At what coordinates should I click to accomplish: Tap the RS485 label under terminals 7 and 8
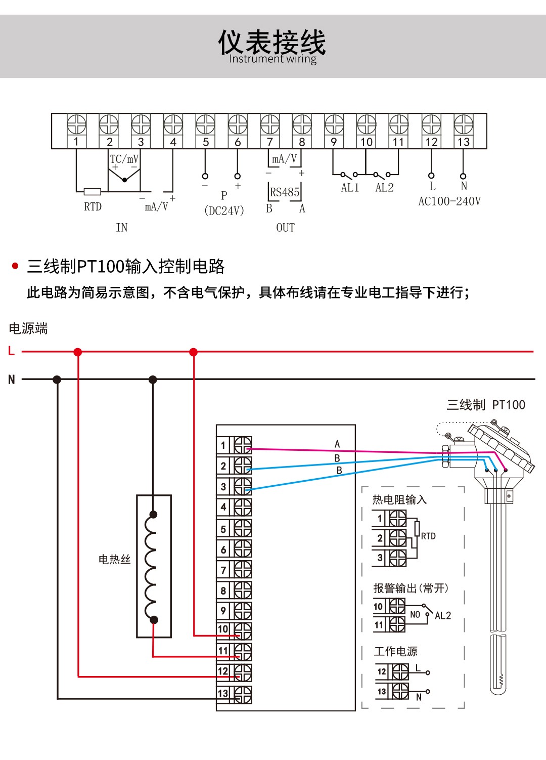(284, 192)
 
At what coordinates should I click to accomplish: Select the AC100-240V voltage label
(449, 201)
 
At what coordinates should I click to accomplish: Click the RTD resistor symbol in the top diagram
(92, 192)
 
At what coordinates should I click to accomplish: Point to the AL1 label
(350, 188)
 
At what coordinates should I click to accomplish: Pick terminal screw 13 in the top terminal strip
(463, 123)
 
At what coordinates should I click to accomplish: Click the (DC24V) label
(224, 210)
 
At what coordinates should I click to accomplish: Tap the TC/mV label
(124, 159)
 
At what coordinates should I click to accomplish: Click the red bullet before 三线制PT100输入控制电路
(15, 266)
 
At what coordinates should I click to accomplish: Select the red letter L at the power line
(11, 351)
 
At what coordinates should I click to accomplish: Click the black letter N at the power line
(11, 379)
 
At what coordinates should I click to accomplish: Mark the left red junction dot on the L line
(77, 352)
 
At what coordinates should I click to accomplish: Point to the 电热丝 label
(114, 559)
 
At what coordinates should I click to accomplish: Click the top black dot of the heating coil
(153, 515)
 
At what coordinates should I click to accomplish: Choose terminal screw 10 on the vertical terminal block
(243, 630)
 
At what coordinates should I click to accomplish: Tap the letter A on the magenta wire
(337, 444)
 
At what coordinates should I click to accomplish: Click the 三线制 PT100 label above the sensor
(485, 405)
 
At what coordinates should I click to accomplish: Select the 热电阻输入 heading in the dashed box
(399, 500)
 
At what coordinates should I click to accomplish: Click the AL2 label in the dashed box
(443, 616)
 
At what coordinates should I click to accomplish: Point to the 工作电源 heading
(396, 652)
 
